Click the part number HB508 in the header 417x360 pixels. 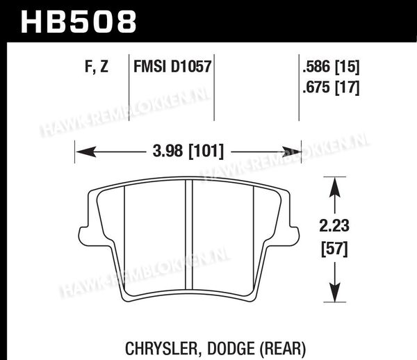(79, 22)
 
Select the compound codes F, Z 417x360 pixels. (97, 67)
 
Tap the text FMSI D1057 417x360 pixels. (172, 67)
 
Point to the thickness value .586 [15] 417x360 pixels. (331, 67)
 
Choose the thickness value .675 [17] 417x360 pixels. (331, 87)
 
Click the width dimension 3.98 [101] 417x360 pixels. (188, 152)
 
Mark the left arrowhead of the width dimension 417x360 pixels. (85, 152)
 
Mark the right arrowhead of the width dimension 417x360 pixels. (292, 152)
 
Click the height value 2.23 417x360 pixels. (334, 226)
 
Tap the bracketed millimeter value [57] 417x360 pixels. (334, 249)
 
